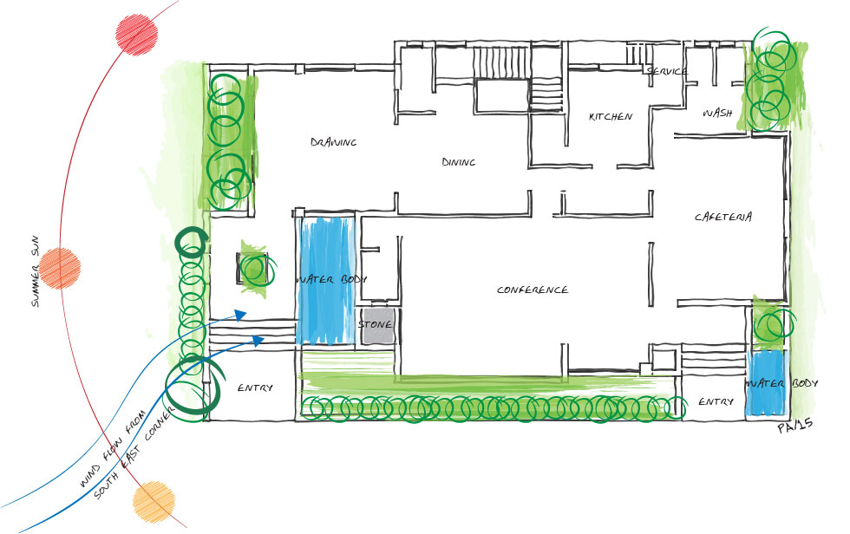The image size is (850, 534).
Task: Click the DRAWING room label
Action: tap(333, 142)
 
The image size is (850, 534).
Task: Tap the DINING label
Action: tap(459, 161)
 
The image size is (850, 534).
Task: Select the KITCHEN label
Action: tap(611, 116)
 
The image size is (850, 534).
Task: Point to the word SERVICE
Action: tap(667, 71)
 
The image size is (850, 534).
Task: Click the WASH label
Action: tap(717, 113)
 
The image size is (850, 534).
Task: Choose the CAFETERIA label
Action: tap(723, 217)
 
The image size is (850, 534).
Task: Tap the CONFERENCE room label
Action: tap(533, 290)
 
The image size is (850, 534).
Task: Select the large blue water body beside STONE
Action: tap(326, 281)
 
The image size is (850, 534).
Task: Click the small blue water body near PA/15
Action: tap(765, 382)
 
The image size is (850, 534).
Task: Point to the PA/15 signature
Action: tap(795, 427)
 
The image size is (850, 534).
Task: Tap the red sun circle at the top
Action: tap(137, 35)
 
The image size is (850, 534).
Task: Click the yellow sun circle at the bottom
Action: tap(154, 502)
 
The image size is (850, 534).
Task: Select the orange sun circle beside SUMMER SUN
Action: tap(60, 269)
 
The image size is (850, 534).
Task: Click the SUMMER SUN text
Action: tap(35, 271)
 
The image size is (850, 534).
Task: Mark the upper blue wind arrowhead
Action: tap(240, 315)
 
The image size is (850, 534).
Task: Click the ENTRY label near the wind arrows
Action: tap(255, 387)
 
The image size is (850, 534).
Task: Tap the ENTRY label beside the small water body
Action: tap(716, 401)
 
